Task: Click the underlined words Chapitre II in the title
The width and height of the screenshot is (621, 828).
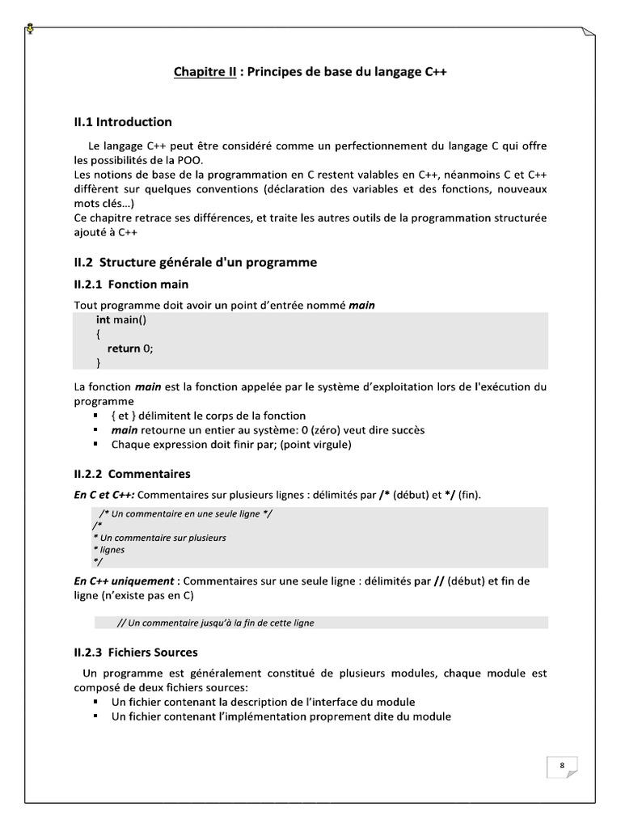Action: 205,72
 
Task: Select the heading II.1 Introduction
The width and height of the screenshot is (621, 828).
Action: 123,122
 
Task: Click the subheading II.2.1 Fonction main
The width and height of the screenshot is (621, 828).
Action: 131,285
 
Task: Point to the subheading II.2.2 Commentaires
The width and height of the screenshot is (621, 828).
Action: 132,473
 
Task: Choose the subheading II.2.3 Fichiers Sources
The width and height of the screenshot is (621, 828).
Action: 136,652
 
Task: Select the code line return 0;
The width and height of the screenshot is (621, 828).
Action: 129,349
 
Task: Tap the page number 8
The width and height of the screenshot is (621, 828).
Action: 561,765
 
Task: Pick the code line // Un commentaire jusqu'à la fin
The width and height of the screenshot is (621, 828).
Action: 215,623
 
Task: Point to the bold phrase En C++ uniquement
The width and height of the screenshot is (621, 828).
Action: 124,581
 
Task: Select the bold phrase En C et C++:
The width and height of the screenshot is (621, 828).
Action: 104,494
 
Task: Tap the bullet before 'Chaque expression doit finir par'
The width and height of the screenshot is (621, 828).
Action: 97,445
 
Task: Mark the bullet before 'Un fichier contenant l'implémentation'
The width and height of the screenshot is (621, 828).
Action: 97,716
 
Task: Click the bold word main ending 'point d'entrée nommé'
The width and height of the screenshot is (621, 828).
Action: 361,305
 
